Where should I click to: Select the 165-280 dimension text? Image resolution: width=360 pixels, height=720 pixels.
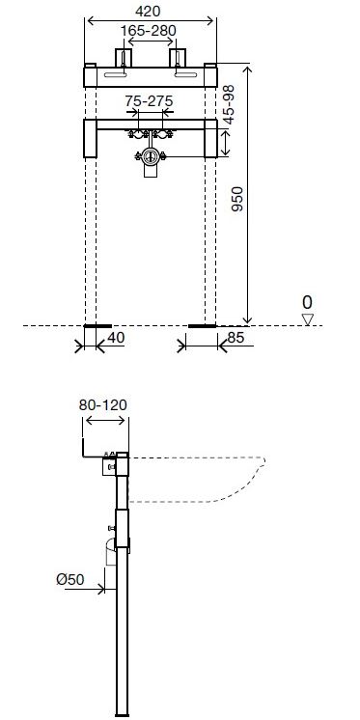point(148,31)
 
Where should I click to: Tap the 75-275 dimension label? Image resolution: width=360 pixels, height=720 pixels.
point(150,100)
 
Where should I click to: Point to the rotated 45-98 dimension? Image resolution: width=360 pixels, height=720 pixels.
point(228,104)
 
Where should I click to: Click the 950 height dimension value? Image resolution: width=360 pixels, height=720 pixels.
point(237,199)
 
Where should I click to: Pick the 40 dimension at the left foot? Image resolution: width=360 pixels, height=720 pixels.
point(116,338)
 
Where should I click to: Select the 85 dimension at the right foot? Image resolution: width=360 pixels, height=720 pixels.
point(235,338)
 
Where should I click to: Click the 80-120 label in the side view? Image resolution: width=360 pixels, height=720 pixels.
point(103,405)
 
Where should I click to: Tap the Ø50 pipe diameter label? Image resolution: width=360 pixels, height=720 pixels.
point(70,579)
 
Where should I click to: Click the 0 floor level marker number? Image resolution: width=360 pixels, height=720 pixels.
point(307,303)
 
